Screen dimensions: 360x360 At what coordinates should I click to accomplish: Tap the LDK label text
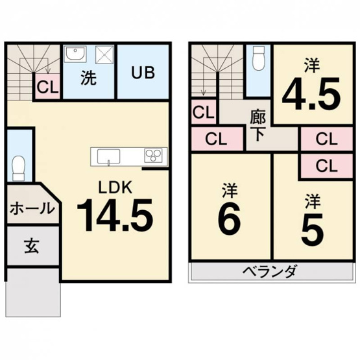pyautogui.click(x=115, y=187)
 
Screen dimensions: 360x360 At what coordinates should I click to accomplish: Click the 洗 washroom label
pyautogui.click(x=89, y=78)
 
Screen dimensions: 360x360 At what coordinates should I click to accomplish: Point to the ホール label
pyautogui.click(x=32, y=209)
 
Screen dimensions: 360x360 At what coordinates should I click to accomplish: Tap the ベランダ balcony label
pyautogui.click(x=270, y=271)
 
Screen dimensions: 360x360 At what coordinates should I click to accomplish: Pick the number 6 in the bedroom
pyautogui.click(x=229, y=221)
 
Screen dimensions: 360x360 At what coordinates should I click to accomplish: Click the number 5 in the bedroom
pyautogui.click(x=312, y=227)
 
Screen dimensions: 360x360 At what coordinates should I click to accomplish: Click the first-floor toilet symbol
pyautogui.click(x=18, y=169)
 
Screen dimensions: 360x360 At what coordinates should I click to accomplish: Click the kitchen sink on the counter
pyautogui.click(x=108, y=156)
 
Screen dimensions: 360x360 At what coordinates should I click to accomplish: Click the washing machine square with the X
pyautogui.click(x=104, y=54)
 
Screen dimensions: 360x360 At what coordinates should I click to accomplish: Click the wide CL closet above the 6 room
pyautogui.click(x=215, y=139)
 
